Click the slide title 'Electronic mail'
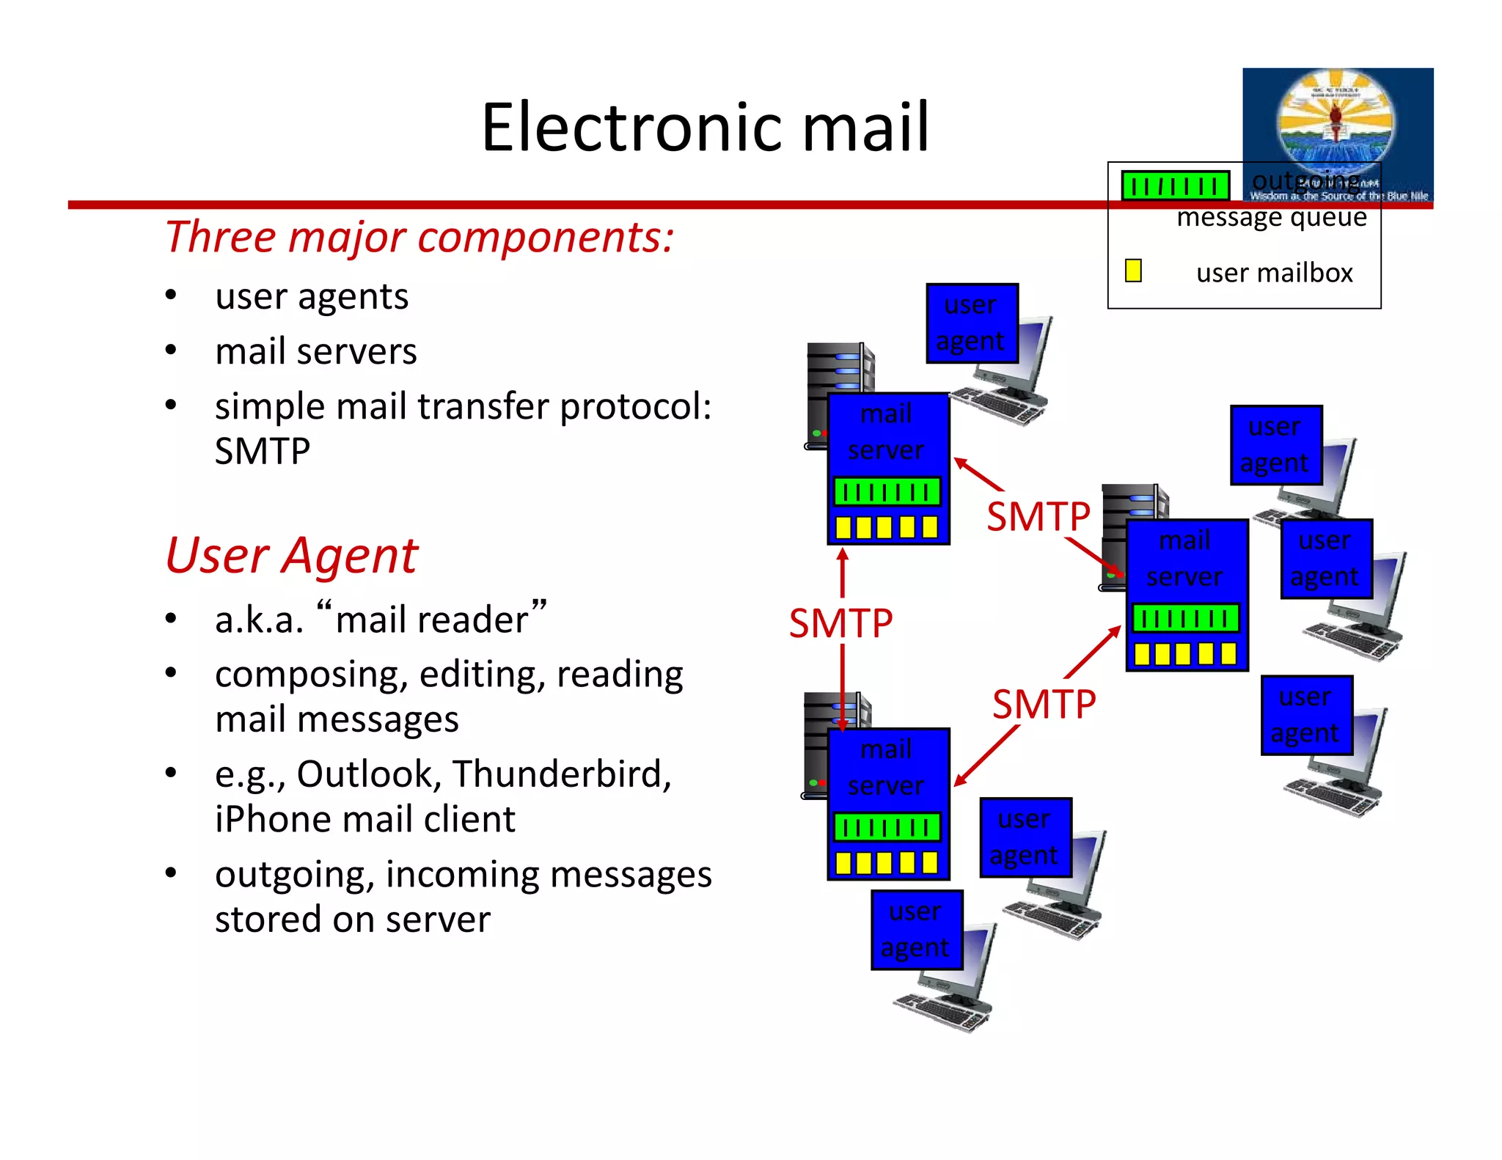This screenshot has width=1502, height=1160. tap(705, 128)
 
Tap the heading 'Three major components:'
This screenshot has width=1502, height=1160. tap(419, 237)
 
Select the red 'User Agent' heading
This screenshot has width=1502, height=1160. tap(291, 555)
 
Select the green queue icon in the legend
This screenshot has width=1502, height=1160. tap(1175, 186)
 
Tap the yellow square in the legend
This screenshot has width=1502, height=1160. tap(1133, 271)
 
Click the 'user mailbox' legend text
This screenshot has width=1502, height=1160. tap(1274, 273)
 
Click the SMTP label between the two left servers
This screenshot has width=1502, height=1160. tap(840, 623)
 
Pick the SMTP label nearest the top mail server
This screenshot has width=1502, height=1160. tap(1038, 516)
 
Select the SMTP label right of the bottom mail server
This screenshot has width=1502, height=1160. tap(1044, 704)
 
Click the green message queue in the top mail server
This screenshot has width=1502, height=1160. tap(887, 491)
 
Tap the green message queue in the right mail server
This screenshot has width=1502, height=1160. tap(1185, 618)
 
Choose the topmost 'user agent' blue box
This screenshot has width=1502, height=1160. tap(971, 323)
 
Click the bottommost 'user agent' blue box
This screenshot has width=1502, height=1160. tap(916, 930)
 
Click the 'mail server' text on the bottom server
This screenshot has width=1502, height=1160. tap(886, 767)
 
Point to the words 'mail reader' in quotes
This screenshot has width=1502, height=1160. tap(431, 620)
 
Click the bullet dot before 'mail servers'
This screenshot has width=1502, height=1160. tap(171, 350)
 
